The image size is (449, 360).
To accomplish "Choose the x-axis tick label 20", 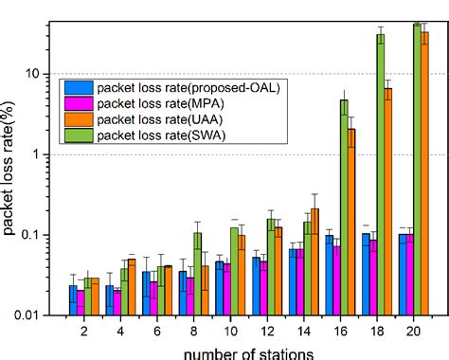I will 415,333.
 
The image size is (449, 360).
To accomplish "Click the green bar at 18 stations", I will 381,175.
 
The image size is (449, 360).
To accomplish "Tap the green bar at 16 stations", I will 344,207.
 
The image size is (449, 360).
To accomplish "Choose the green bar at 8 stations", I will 197,274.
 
